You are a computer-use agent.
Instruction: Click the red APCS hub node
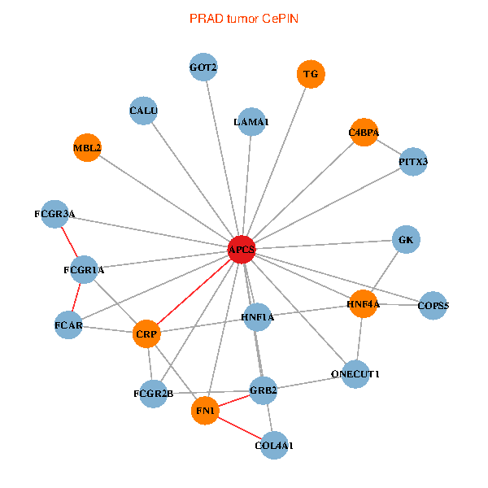coord(242,251)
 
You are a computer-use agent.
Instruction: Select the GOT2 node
coord(203,67)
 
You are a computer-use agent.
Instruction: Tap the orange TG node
coord(311,74)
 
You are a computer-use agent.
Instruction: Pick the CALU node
coord(143,111)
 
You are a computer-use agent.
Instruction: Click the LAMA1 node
coord(251,122)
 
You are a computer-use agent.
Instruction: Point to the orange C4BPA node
coord(364,132)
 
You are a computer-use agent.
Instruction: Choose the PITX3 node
coord(413,161)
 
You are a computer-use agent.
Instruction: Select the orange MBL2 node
coord(87,148)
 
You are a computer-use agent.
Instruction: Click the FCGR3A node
coord(54,214)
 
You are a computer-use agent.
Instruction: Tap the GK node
coord(406,240)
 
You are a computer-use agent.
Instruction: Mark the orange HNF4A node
coord(363,304)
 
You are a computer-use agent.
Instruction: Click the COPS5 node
coord(434,306)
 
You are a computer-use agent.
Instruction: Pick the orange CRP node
coord(147,333)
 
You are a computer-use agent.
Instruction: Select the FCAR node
coord(68,325)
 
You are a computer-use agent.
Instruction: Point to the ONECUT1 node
coord(355,374)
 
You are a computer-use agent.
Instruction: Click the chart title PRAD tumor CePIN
coord(244,18)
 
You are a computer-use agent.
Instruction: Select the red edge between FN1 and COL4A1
coord(240,429)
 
